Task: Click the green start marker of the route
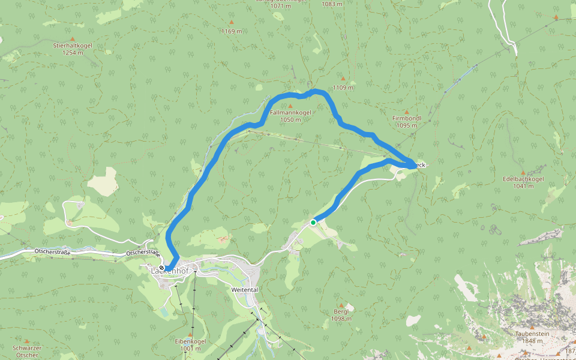click(313, 223)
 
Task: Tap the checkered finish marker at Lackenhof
click(162, 268)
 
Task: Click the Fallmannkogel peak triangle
click(290, 106)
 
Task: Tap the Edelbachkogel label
click(523, 179)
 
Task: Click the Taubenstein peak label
click(529, 333)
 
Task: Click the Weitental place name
click(244, 290)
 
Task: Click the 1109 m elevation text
click(343, 88)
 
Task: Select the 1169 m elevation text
click(232, 31)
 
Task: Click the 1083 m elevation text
click(332, 4)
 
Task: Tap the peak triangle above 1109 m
click(343, 78)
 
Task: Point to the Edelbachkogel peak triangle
click(523, 172)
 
